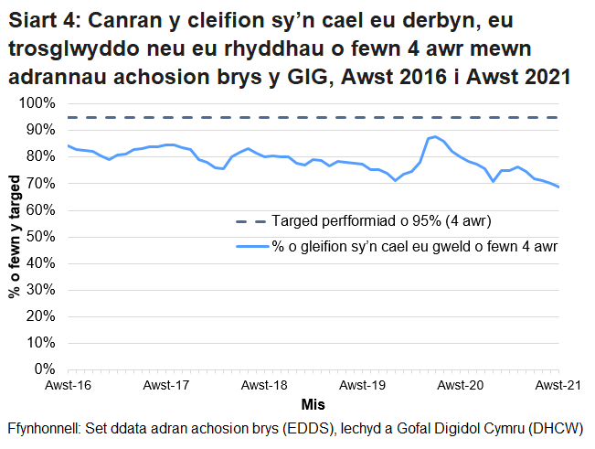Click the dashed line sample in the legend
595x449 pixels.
coord(251,221)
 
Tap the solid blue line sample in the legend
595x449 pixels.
coord(251,246)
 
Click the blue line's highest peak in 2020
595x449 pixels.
coord(435,136)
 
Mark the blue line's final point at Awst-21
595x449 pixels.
coord(558,187)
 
